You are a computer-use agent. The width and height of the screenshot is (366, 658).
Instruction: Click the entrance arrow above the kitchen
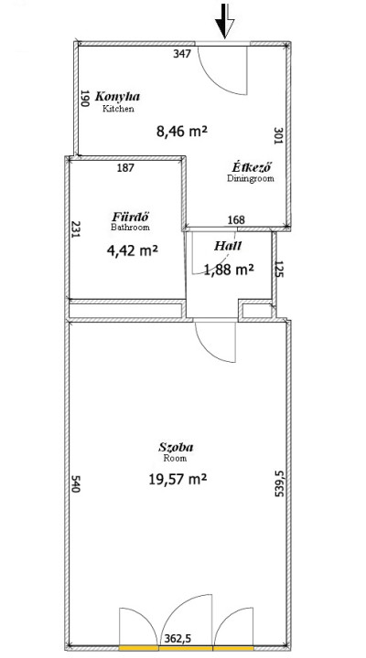224,21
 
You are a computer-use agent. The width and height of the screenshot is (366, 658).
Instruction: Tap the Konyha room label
118,97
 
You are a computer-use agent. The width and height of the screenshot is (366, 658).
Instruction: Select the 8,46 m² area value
182,132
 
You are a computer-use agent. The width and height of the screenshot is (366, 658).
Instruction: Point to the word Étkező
252,167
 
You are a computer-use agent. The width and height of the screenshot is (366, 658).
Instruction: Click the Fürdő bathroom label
131,217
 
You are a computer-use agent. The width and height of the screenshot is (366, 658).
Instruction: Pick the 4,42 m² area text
133,251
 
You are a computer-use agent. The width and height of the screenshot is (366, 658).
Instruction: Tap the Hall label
228,246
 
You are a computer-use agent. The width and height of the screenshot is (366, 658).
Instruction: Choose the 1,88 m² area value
229,269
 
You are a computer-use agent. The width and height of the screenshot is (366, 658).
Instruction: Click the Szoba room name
176,447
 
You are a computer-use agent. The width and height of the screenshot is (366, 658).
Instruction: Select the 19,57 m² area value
178,478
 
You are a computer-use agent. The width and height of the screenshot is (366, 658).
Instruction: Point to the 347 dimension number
182,54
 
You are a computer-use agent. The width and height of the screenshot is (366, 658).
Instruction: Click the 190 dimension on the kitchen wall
84,98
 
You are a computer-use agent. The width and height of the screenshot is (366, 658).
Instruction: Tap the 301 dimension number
278,135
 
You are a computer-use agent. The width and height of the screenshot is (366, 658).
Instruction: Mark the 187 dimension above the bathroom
125,168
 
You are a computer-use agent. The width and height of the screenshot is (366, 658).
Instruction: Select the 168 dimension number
236,219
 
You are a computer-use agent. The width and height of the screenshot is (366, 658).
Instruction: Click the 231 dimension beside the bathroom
75,229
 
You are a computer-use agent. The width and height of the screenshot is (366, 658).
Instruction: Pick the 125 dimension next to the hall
278,269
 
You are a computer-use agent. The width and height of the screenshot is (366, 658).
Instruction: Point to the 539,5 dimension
279,483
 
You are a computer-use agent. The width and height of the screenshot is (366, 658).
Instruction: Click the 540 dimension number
75,483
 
